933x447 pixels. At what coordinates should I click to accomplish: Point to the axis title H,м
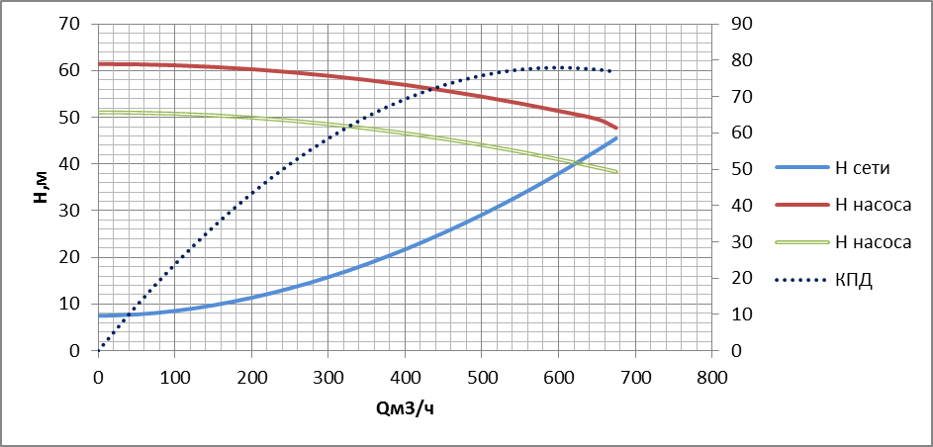41,186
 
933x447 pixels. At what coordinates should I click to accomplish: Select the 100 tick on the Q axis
175,377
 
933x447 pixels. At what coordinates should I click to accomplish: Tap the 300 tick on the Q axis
328,377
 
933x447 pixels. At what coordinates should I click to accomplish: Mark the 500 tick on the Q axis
482,377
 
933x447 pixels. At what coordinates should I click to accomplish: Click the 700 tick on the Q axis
635,377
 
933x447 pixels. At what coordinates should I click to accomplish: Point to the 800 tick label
711,377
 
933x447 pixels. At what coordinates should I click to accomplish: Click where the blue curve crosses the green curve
580,161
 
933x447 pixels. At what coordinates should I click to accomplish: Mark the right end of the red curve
616,128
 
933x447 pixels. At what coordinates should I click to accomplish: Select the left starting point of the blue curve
99,315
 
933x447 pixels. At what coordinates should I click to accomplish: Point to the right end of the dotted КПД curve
611,71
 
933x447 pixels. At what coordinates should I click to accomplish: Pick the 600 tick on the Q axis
558,377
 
